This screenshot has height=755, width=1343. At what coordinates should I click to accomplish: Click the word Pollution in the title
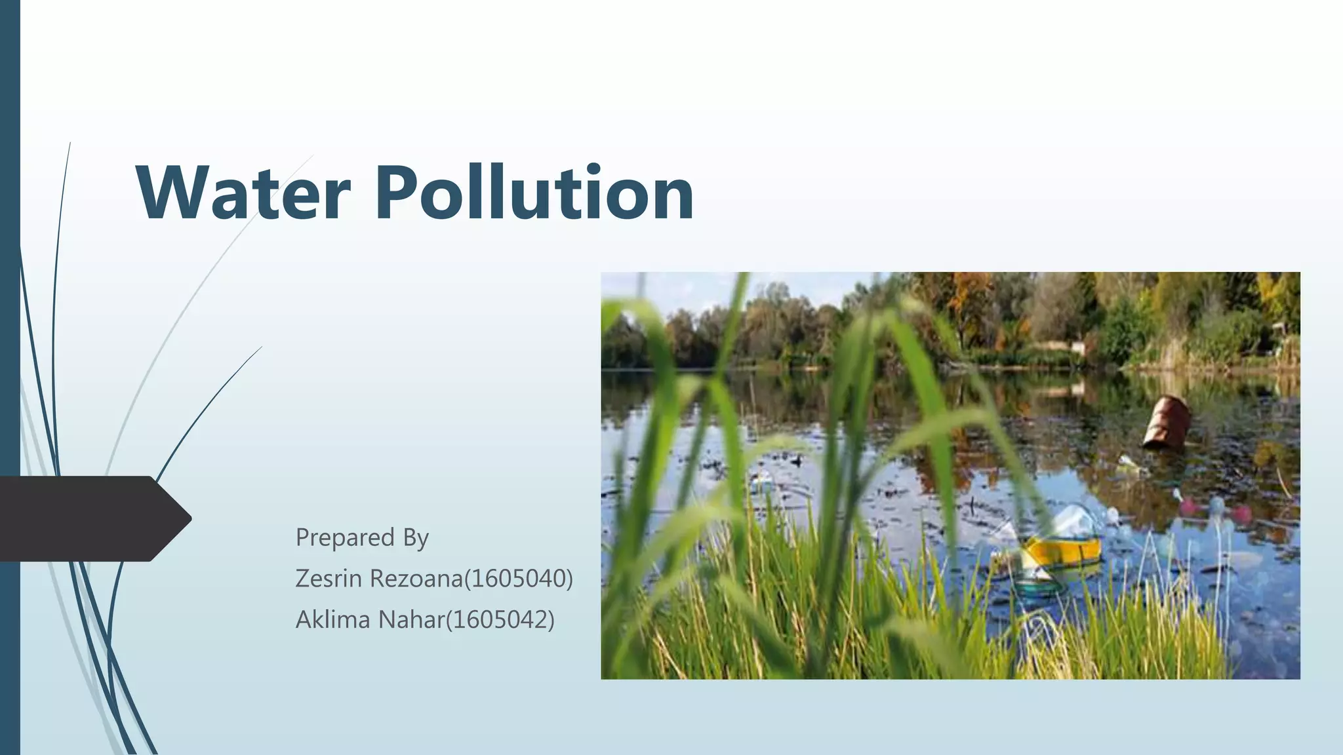[x=534, y=193]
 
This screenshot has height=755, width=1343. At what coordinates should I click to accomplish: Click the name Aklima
[x=332, y=619]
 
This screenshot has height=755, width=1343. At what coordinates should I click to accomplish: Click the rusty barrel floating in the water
[x=1167, y=423]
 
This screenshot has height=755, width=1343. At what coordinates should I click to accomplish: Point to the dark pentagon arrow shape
[x=92, y=518]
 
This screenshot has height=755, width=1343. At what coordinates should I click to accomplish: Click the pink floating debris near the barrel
[x=1188, y=505]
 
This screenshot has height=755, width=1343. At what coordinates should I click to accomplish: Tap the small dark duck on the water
[x=797, y=461]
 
